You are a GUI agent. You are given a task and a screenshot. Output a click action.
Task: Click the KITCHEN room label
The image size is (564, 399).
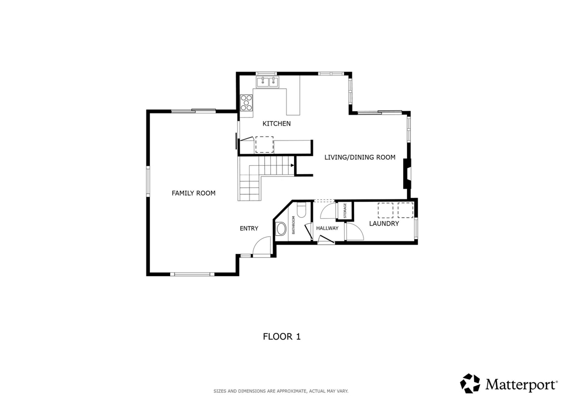[x=276, y=124]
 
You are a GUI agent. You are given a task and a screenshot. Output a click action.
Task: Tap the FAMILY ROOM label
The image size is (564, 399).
[x=193, y=193]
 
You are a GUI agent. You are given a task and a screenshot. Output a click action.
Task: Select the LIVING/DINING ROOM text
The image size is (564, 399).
[x=360, y=157]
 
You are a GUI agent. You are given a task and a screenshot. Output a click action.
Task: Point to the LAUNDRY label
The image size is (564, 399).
[x=384, y=223]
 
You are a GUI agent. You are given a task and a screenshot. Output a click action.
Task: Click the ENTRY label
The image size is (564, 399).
[x=249, y=229]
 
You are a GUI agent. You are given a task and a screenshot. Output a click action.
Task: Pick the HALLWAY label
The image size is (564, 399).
[x=327, y=228]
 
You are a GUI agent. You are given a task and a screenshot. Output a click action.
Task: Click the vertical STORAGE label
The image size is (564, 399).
[x=345, y=211]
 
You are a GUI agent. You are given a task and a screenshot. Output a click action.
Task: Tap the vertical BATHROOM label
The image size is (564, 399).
[x=293, y=225]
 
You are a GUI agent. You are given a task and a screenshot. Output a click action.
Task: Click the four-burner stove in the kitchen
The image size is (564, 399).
[x=246, y=103]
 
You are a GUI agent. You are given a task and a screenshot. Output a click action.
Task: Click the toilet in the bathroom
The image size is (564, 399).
[x=301, y=210]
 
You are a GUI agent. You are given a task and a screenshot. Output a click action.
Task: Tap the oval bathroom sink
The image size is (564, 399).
[x=280, y=229]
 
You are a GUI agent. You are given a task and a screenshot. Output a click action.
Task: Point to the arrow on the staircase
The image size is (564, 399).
[x=292, y=165]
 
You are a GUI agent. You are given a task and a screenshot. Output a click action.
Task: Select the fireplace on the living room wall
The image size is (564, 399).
[x=407, y=174]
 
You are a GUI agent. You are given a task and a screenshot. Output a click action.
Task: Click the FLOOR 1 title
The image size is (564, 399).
[x=281, y=337]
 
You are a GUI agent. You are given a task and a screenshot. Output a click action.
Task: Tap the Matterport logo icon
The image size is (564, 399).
[x=470, y=383]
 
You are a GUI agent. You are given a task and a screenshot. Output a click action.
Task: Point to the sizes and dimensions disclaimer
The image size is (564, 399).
[x=281, y=391]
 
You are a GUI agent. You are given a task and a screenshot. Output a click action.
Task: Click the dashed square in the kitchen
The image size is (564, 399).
[x=264, y=144]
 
